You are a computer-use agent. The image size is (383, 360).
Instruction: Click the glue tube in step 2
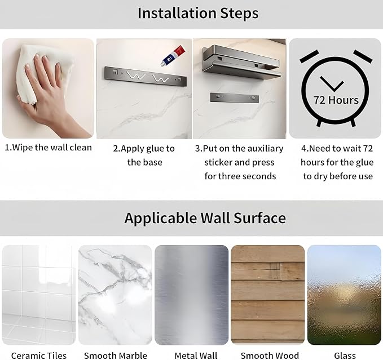click(173, 56)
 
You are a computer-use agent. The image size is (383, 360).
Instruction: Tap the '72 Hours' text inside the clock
click(336, 100)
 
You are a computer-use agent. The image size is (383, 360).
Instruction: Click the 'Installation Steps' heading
click(198, 13)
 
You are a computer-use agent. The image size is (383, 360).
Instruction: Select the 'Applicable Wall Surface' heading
click(205, 218)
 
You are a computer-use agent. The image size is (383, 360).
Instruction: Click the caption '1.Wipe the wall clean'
click(49, 148)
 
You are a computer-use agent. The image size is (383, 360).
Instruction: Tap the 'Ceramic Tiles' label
click(39, 355)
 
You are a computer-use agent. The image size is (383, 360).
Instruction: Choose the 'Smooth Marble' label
click(116, 355)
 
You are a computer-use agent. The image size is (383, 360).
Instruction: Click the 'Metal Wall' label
click(196, 355)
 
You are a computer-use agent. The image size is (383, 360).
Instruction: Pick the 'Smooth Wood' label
click(270, 355)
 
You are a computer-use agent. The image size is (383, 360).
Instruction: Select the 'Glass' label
click(345, 355)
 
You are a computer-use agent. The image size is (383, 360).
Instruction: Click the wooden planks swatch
click(268, 295)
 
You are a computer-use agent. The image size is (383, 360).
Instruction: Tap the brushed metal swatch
click(192, 295)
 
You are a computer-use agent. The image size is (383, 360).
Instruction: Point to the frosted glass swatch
click(344, 295)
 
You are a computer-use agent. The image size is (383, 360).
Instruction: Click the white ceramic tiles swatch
click(39, 295)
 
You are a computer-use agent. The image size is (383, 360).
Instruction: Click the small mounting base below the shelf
click(235, 97)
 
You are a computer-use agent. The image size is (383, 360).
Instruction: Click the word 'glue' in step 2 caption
click(157, 149)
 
